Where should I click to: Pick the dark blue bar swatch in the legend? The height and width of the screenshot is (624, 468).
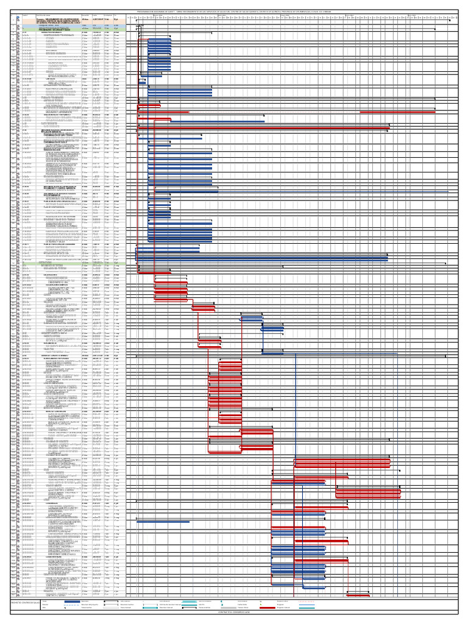(71, 601)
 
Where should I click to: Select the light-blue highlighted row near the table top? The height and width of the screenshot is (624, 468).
(61, 26)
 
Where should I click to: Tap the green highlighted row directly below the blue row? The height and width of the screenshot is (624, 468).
(61, 29)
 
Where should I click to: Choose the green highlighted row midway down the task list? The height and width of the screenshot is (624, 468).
(61, 264)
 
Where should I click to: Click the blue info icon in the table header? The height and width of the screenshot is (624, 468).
(17, 16)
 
